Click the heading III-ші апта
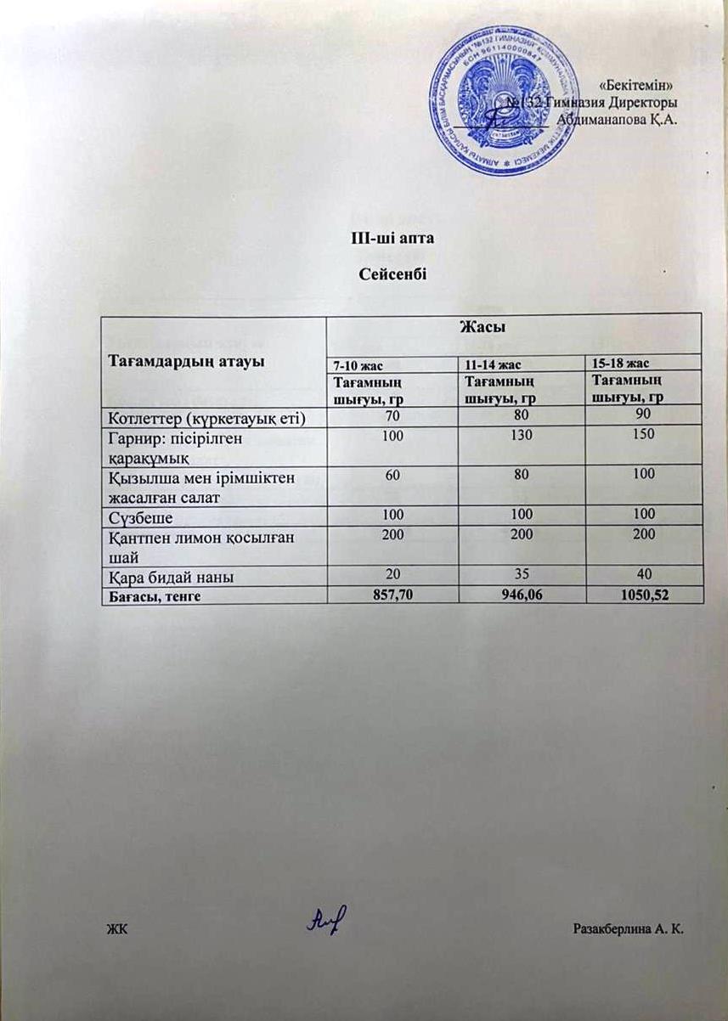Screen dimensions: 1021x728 (x=387, y=239)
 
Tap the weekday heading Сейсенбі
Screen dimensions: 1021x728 (x=387, y=275)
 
